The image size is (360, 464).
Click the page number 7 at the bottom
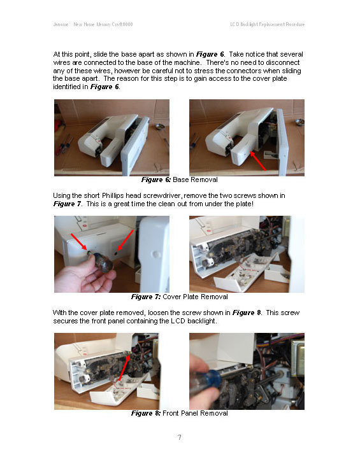180,437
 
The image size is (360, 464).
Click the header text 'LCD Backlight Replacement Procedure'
267,24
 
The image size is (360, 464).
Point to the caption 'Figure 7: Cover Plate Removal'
179,297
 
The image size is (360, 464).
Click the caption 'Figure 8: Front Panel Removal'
179,413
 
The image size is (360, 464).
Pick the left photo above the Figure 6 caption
112,137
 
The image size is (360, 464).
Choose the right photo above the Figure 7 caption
247,253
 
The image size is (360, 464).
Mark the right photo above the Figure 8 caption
247,370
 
